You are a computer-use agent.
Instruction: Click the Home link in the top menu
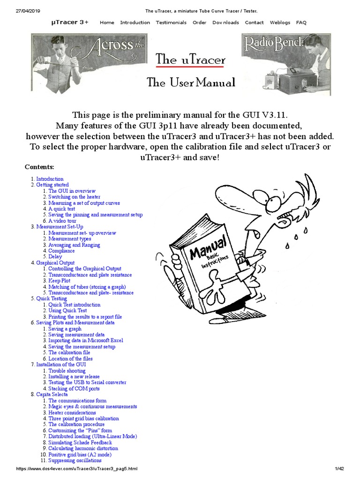pos(107,22)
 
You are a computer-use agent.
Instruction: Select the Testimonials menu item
pos(171,22)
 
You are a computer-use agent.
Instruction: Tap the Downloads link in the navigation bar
pos(225,22)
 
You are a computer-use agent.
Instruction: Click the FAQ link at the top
pos(301,22)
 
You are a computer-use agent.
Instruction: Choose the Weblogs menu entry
pos(280,22)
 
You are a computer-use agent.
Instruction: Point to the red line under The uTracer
pos(190,67)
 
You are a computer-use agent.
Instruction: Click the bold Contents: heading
pos(39,167)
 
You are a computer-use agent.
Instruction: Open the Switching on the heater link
pos(74,197)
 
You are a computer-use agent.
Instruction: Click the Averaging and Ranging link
pos(74,245)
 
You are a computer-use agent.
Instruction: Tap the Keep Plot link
pos(59,281)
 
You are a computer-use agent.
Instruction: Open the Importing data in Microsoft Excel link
pos(86,341)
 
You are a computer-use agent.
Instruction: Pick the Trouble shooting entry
pos(67,371)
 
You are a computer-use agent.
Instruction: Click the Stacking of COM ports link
pos(74,389)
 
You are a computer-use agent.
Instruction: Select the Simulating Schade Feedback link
pos(80,442)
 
